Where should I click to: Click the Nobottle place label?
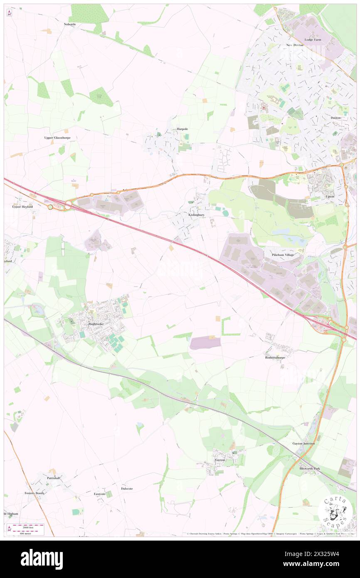[70, 25]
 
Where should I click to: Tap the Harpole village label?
[182, 129]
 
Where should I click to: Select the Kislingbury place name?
[196, 215]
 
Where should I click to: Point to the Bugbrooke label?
[96, 323]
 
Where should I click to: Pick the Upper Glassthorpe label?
[57, 137]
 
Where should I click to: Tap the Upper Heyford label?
[22, 206]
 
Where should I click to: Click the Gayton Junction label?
[303, 444]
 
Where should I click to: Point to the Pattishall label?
[54, 478]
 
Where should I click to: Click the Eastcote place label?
[100, 494]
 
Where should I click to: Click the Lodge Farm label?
[313, 40]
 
